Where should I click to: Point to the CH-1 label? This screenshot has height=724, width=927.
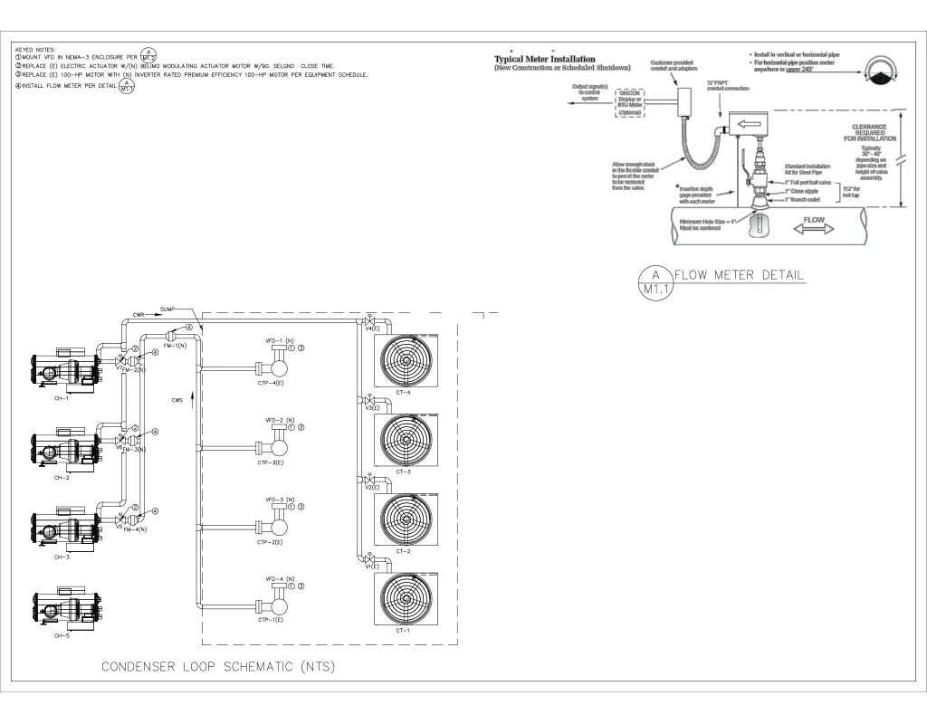(62, 398)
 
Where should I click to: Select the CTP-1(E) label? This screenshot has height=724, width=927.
(270, 621)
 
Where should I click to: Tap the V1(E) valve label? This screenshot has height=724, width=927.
(372, 567)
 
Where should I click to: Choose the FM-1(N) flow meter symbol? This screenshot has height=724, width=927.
(169, 338)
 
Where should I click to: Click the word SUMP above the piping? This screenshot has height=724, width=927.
(167, 309)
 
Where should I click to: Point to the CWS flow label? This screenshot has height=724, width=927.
(177, 399)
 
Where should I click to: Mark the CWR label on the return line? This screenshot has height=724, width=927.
(139, 315)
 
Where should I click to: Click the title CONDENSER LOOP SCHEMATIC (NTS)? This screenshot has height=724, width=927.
(217, 667)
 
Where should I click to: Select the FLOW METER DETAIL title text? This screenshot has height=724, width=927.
(739, 275)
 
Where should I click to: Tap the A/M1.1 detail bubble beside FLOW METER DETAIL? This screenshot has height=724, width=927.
(655, 281)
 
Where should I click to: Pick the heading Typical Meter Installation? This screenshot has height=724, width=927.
(544, 60)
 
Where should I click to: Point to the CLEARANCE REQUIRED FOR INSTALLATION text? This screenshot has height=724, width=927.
(870, 133)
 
